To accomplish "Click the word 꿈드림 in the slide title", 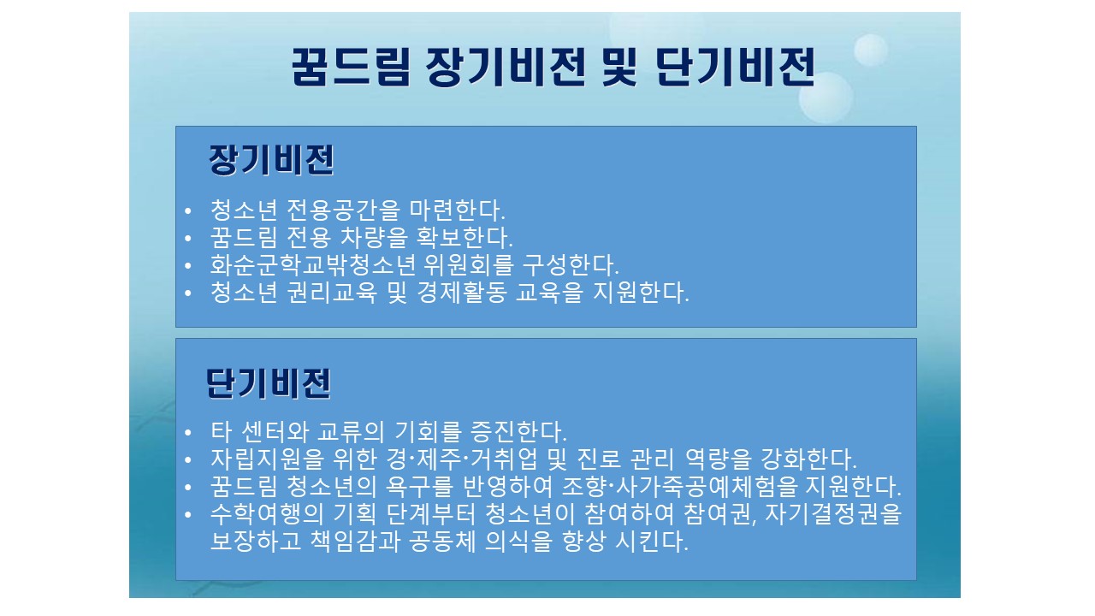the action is click(351, 68).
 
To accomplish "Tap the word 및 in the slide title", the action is click(620, 68).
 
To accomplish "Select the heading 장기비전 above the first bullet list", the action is click(271, 160).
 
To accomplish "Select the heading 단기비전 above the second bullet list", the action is click(269, 383).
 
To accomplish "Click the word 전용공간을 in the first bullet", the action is click(343, 210).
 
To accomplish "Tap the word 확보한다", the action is click(465, 237).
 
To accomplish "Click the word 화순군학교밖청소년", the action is click(313, 264).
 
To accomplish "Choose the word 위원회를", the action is click(469, 264).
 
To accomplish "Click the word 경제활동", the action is click(462, 292).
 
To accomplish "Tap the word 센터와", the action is click(275, 431).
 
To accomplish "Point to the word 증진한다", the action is click(518, 431).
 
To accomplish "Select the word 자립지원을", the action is click(268, 459).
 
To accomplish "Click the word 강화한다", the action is click(808, 459).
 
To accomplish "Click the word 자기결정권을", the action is click(833, 513).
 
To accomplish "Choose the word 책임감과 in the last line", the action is click(355, 541).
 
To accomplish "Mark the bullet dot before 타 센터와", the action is click(188, 432).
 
